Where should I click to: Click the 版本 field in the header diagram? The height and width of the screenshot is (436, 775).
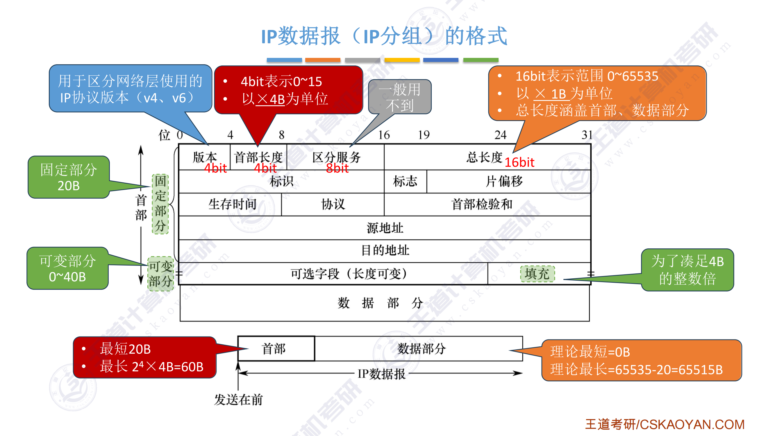pyautogui.click(x=205, y=157)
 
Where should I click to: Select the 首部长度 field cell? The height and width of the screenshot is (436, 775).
pyautogui.click(x=258, y=157)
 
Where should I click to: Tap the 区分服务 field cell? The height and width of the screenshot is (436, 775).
pyautogui.click(x=336, y=157)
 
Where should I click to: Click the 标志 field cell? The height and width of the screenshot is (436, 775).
pyautogui.click(x=405, y=181)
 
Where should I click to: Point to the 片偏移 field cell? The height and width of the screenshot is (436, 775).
pyautogui.click(x=504, y=181)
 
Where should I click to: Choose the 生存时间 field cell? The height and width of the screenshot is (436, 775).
pyautogui.click(x=232, y=204)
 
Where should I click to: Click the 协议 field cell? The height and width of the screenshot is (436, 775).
pyautogui.click(x=333, y=204)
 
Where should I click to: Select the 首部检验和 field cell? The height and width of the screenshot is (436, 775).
pyautogui.click(x=481, y=204)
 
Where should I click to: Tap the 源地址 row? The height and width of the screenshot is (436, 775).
pyautogui.click(x=385, y=228)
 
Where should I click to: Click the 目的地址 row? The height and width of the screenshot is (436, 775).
pyautogui.click(x=385, y=250)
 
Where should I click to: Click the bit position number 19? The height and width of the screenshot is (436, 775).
pyautogui.click(x=424, y=135)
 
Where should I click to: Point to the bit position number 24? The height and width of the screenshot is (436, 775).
pyautogui.click(x=500, y=135)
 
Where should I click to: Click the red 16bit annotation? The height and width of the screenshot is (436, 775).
pyautogui.click(x=519, y=163)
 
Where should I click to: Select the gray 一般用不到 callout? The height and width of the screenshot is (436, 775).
pyautogui.click(x=399, y=97)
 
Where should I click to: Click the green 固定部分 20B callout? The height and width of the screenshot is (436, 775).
pyautogui.click(x=69, y=177)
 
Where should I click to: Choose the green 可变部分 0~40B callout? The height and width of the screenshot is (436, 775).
pyautogui.click(x=68, y=268)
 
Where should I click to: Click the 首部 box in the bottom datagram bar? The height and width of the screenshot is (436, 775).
pyautogui.click(x=274, y=349)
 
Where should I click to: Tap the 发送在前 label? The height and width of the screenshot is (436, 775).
pyautogui.click(x=238, y=400)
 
